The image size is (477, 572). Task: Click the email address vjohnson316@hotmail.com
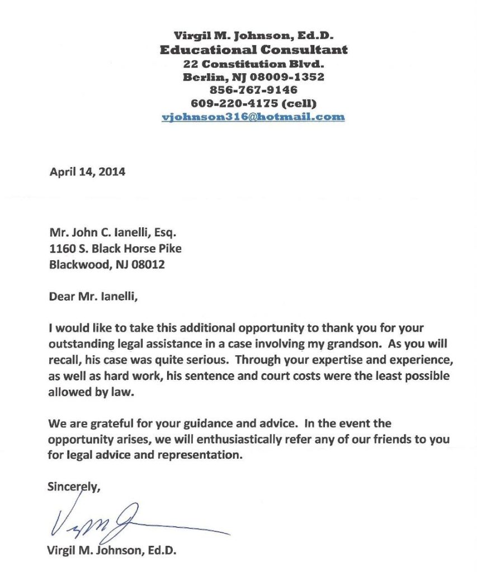253,117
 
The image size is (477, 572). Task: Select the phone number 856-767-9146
253,90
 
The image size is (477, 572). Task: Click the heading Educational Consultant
253,50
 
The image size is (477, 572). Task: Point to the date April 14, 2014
87,172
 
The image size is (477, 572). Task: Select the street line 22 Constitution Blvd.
253,64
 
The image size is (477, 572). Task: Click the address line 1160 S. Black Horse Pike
115,249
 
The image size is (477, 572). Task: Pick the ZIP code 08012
147,265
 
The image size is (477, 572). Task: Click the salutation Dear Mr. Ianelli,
93,296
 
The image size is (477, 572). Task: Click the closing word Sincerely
73,487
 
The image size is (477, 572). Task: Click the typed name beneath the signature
112,551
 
